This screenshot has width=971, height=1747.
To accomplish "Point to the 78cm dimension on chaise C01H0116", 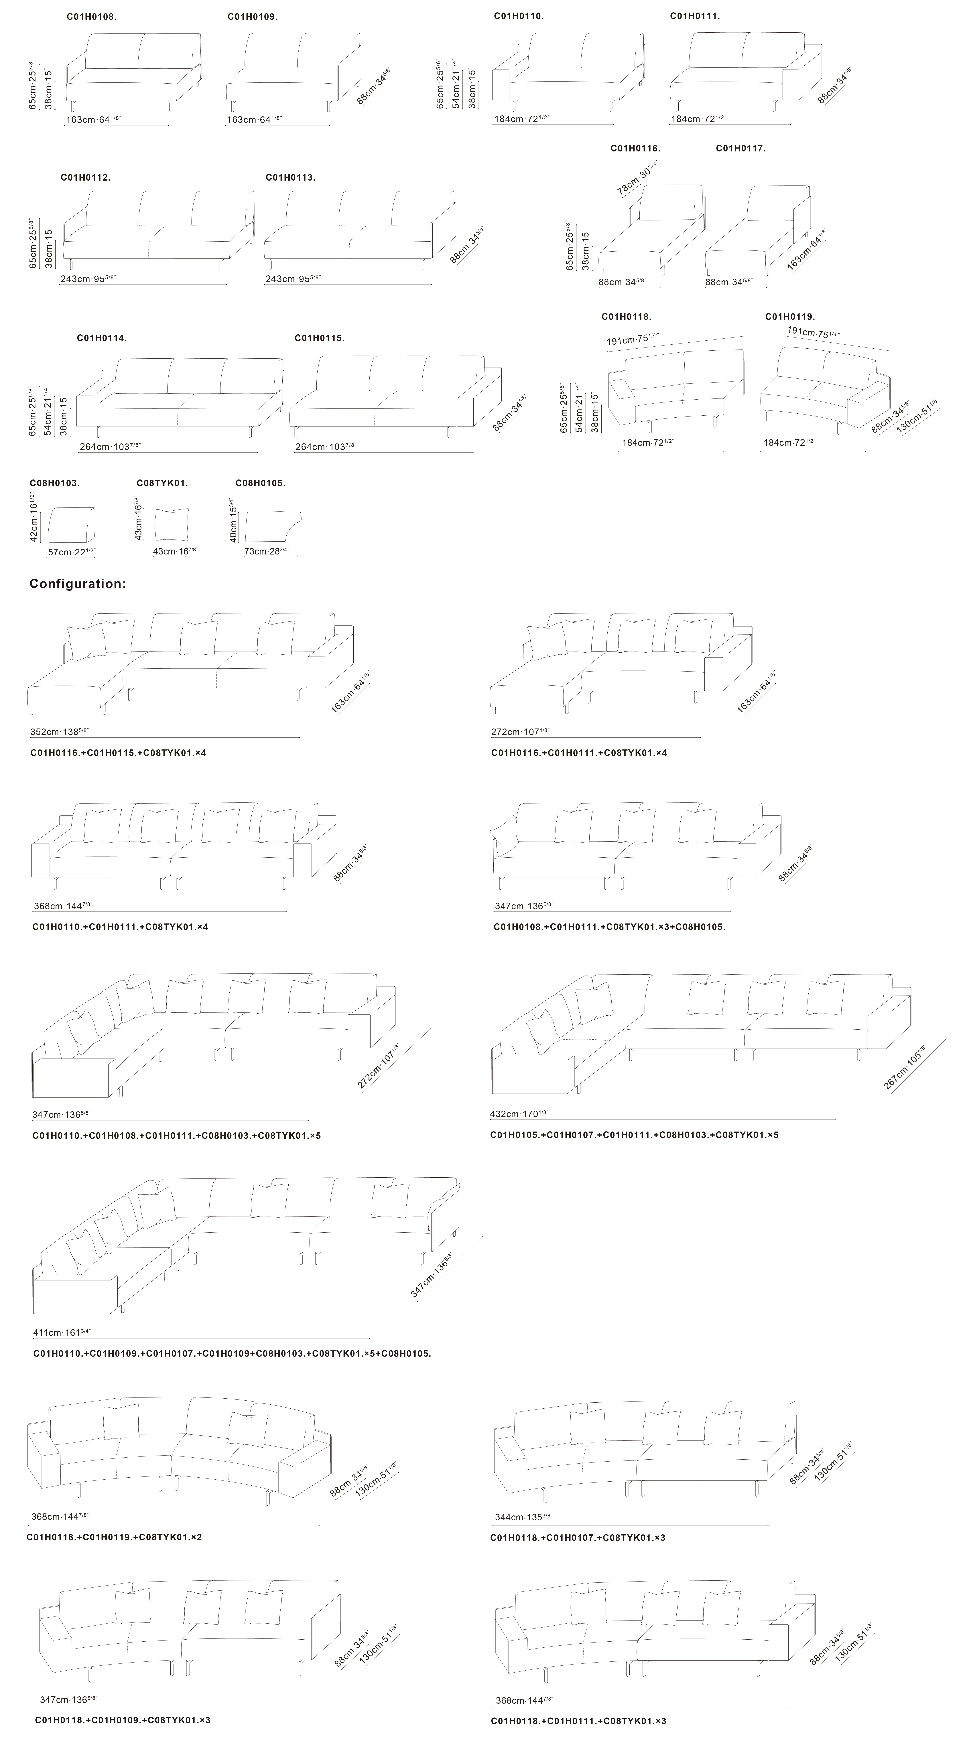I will click(x=637, y=178).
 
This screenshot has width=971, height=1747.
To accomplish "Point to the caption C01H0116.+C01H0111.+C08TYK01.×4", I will click(x=579, y=753).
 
